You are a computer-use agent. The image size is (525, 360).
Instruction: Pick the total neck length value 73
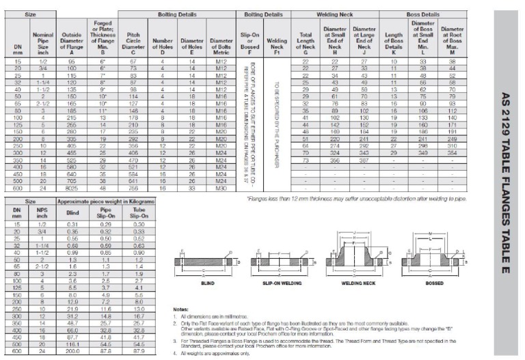click(x=306, y=161)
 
